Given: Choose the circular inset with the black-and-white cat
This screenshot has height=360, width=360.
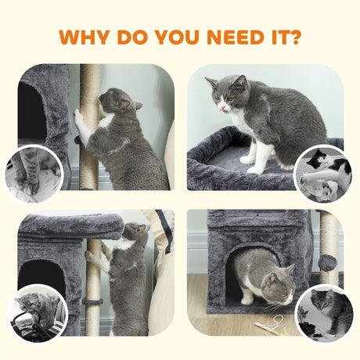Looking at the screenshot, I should [x=324, y=172].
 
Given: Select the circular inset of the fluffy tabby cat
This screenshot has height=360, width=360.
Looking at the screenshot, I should [x=324, y=312].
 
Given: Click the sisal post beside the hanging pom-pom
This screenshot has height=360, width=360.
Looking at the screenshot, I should [x=330, y=235].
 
